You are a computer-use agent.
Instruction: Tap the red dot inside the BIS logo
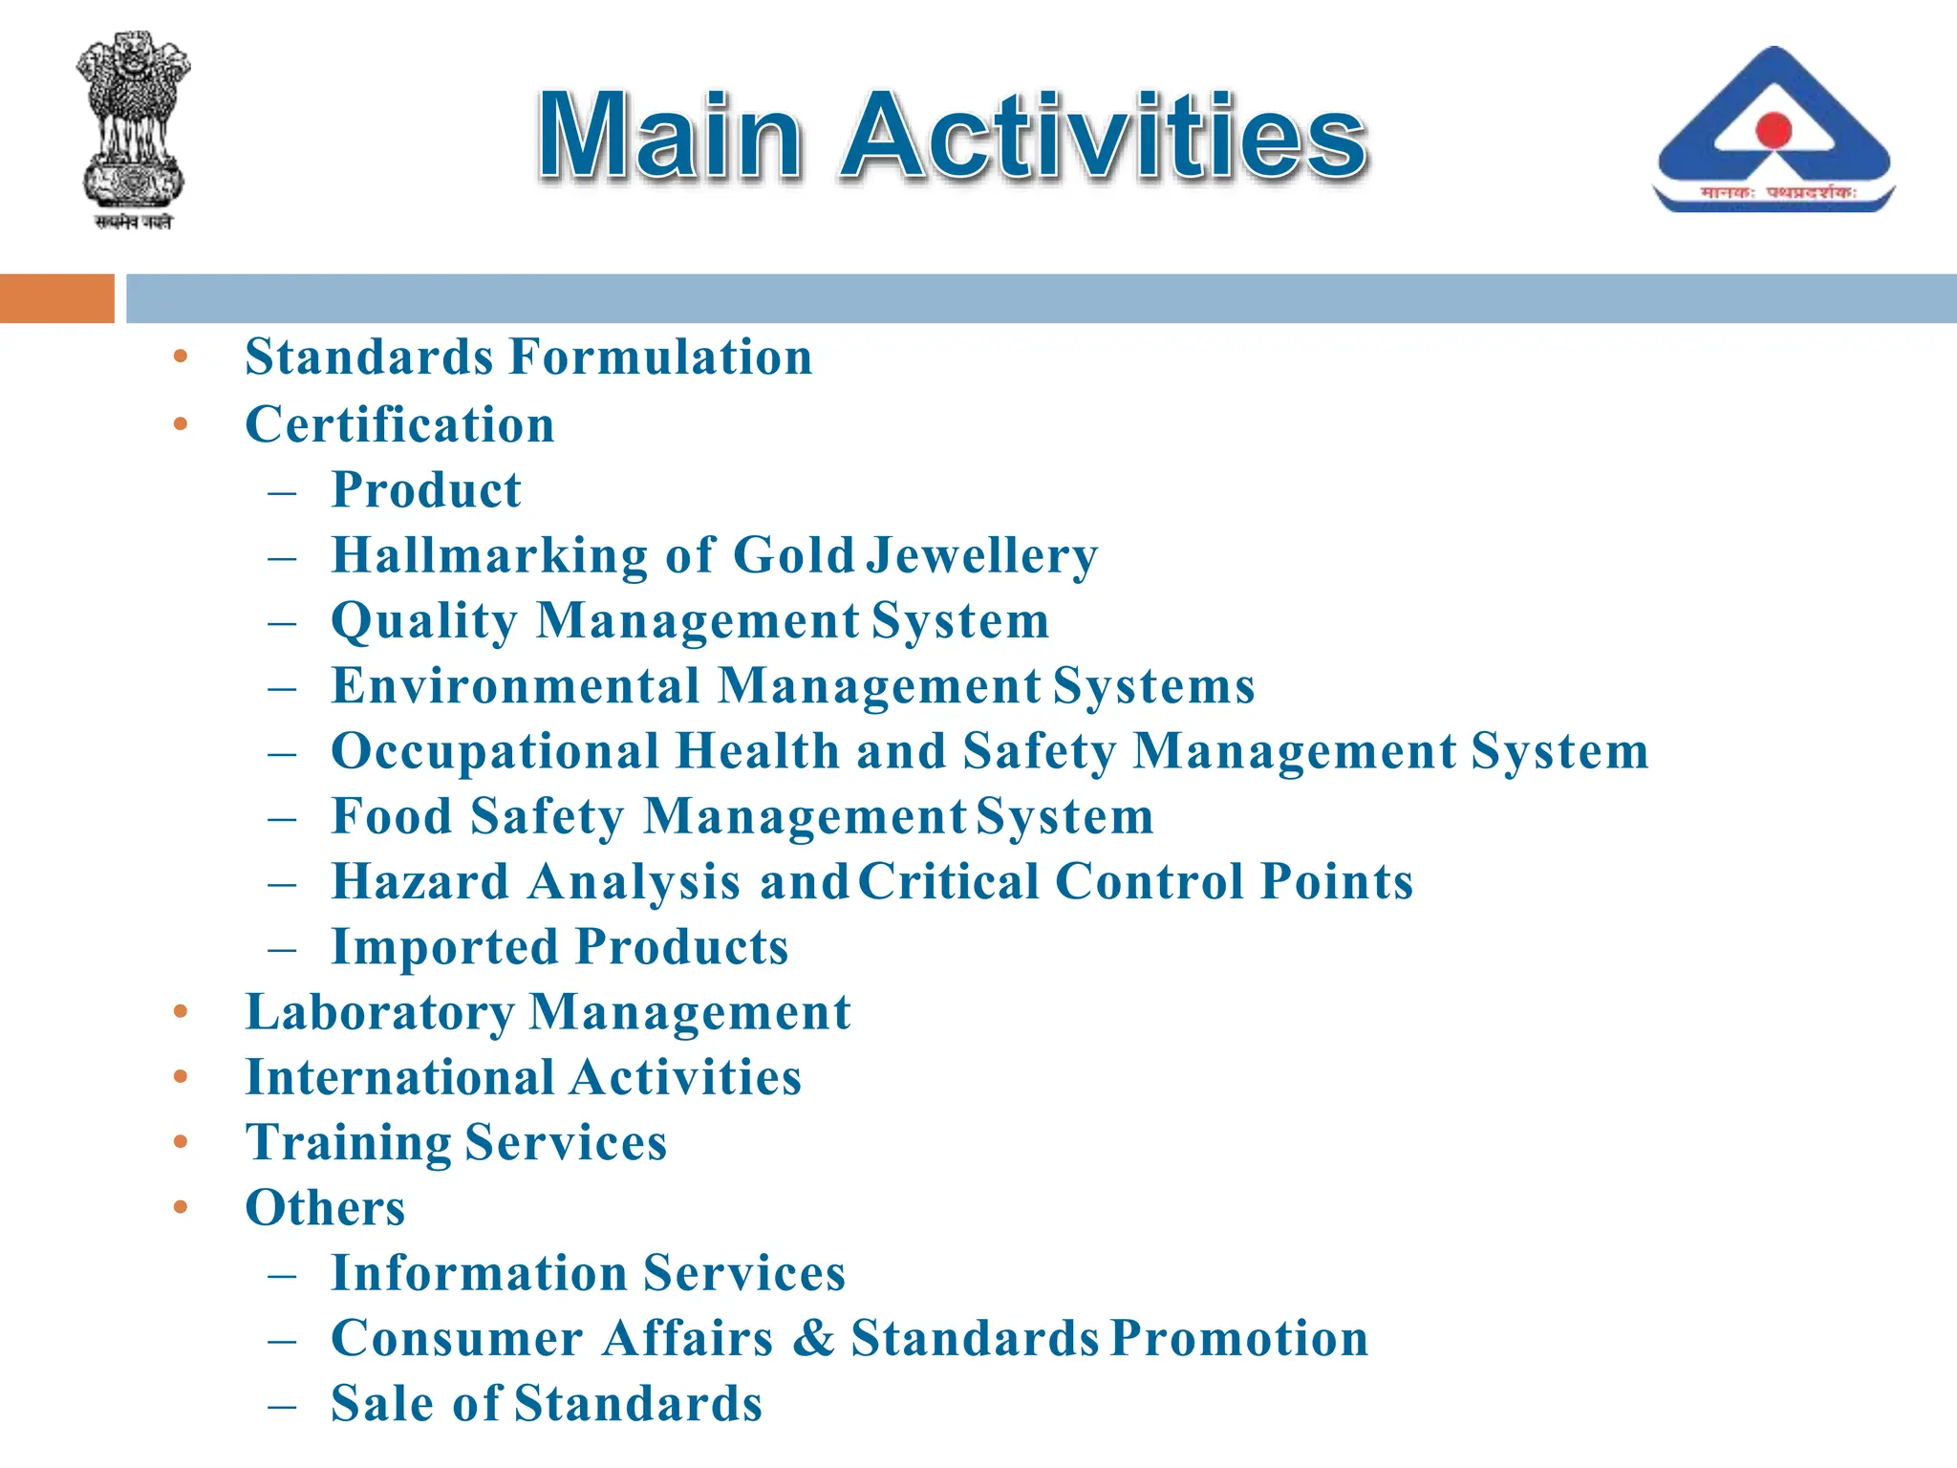click(x=1774, y=129)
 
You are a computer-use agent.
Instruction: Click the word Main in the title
click(x=670, y=136)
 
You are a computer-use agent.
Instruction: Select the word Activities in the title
click(x=1104, y=136)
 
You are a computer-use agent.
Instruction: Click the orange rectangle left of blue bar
click(x=56, y=298)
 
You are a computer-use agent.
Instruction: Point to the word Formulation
click(x=661, y=357)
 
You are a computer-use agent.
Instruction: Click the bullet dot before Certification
click(x=181, y=423)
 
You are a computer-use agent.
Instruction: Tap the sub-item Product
click(x=426, y=490)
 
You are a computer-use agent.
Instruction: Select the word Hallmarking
click(x=489, y=555)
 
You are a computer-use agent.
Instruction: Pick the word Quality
click(x=424, y=621)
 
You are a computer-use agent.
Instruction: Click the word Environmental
click(x=516, y=686)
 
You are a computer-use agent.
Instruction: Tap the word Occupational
click(x=495, y=751)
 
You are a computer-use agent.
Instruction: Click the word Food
click(x=392, y=817)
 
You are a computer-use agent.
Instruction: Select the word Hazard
click(x=420, y=881)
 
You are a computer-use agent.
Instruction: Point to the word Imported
click(x=444, y=947)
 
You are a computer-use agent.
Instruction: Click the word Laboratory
click(x=379, y=1012)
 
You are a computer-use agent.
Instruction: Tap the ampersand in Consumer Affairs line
click(x=812, y=1338)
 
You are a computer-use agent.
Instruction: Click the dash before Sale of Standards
click(x=282, y=1406)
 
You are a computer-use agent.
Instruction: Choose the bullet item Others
click(x=325, y=1208)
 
